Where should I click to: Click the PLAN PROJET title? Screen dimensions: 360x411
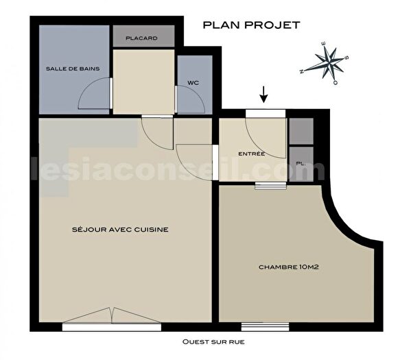click(251, 25)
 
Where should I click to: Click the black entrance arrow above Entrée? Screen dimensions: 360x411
click(264, 94)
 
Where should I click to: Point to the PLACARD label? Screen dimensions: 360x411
click(144, 38)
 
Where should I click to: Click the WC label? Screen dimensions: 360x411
click(193, 84)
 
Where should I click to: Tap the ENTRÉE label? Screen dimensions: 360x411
click(252, 154)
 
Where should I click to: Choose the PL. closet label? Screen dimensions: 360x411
click(301, 163)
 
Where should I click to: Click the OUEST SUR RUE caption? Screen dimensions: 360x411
click(213, 341)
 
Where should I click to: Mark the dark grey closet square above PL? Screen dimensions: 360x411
click(301, 130)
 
